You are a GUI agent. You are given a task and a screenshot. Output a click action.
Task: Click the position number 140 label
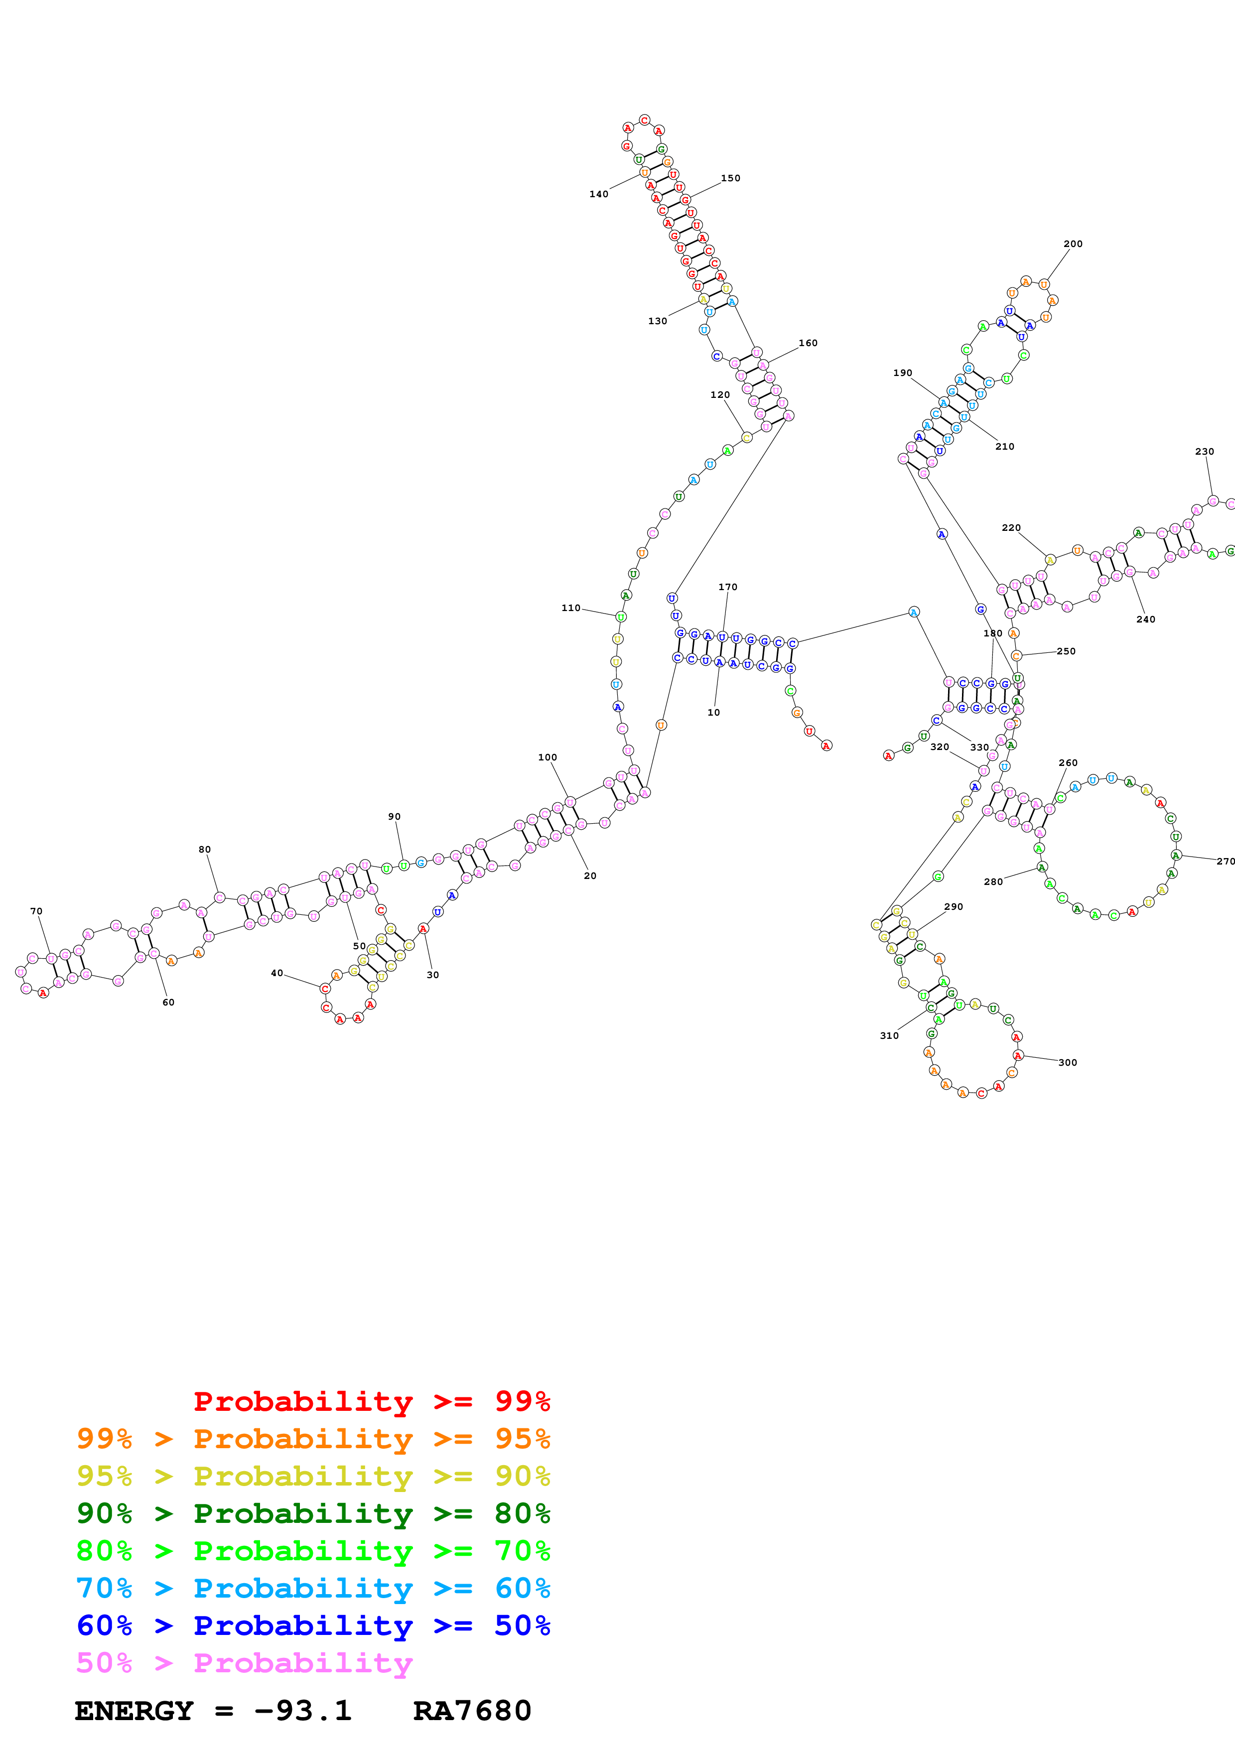(599, 194)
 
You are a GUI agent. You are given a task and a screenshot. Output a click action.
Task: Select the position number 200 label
(1073, 244)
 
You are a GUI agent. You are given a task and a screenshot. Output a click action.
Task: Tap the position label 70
(36, 911)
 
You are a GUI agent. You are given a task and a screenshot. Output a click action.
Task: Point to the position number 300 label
(1068, 1063)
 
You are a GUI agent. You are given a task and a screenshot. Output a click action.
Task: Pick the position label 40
(277, 973)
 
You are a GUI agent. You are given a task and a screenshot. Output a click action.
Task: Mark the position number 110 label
(571, 608)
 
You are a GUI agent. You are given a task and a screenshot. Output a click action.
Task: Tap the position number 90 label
(394, 816)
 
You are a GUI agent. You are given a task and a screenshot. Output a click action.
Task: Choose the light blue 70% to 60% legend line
(313, 1589)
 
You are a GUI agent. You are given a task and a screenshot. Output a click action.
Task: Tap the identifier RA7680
(472, 1711)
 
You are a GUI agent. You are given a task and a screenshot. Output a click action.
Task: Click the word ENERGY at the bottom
(134, 1711)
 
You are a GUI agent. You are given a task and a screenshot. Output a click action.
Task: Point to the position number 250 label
(1066, 651)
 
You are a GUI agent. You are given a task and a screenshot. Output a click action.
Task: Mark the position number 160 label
(808, 343)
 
